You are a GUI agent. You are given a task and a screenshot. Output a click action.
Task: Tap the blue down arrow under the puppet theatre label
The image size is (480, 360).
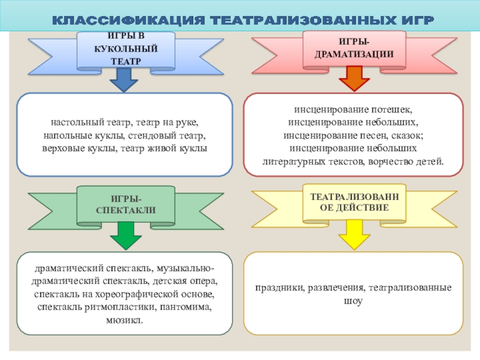(x=125, y=80)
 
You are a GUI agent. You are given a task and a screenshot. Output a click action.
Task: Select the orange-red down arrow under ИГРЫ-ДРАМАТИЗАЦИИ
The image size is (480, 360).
(x=355, y=78)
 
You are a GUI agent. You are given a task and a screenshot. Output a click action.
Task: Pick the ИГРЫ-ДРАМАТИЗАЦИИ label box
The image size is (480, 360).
(x=354, y=48)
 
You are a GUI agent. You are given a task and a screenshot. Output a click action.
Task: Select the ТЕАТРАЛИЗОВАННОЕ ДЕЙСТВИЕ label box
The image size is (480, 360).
(x=354, y=202)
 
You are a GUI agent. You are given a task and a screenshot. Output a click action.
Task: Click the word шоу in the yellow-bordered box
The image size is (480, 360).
(x=354, y=301)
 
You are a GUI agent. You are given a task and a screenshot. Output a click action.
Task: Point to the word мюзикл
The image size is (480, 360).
(x=124, y=321)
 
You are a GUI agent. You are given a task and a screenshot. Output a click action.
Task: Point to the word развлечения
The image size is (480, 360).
(x=337, y=288)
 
